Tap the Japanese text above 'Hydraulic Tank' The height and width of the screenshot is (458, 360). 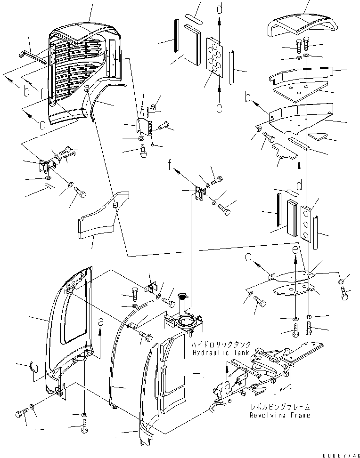[221, 345]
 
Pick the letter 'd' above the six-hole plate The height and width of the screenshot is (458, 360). [221, 8]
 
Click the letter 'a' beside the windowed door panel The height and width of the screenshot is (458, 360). [100, 322]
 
